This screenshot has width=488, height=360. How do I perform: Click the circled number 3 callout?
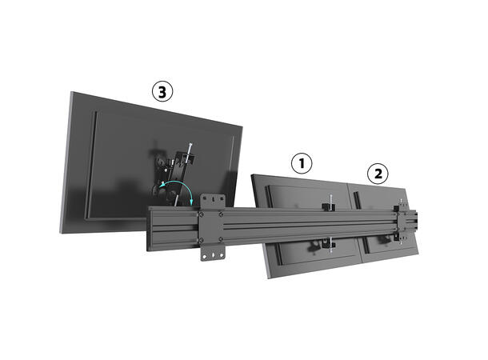coord(162,92)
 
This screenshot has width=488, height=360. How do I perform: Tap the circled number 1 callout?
coord(301,164)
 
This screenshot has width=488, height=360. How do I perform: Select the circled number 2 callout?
coord(377,172)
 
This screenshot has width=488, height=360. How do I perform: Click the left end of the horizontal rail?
coord(150,228)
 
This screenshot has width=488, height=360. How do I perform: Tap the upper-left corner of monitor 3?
coord(70,94)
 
